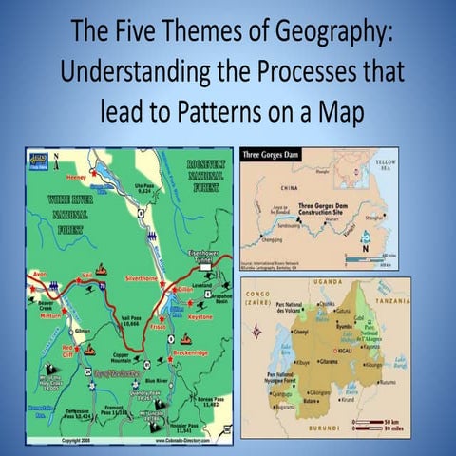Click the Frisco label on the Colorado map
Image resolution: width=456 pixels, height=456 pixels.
(159, 327)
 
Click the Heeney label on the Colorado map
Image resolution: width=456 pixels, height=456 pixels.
(77, 177)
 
